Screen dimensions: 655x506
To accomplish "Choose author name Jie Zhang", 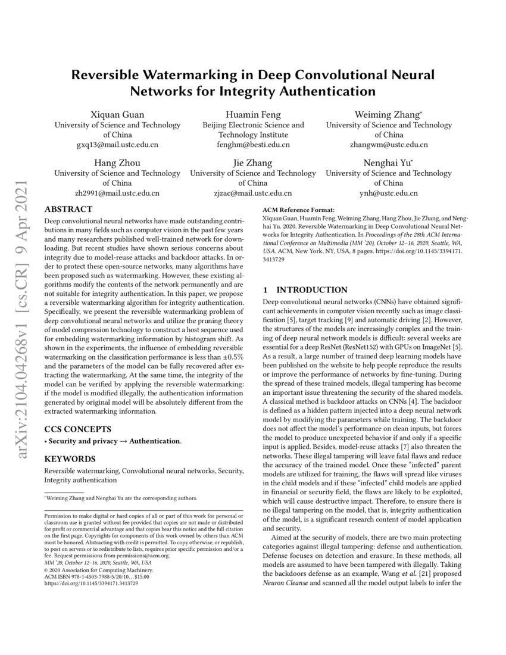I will click(x=253, y=163).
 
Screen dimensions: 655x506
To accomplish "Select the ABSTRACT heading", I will click(x=68, y=209).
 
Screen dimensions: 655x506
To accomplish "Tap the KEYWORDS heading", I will click(x=70, y=459).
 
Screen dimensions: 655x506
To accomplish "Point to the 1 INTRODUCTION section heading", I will click(x=305, y=290).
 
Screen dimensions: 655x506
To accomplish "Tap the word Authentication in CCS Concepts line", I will click(x=155, y=441).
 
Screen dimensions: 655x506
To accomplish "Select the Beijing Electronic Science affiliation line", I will click(x=253, y=125).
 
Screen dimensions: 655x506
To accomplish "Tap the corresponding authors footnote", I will click(x=121, y=498).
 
